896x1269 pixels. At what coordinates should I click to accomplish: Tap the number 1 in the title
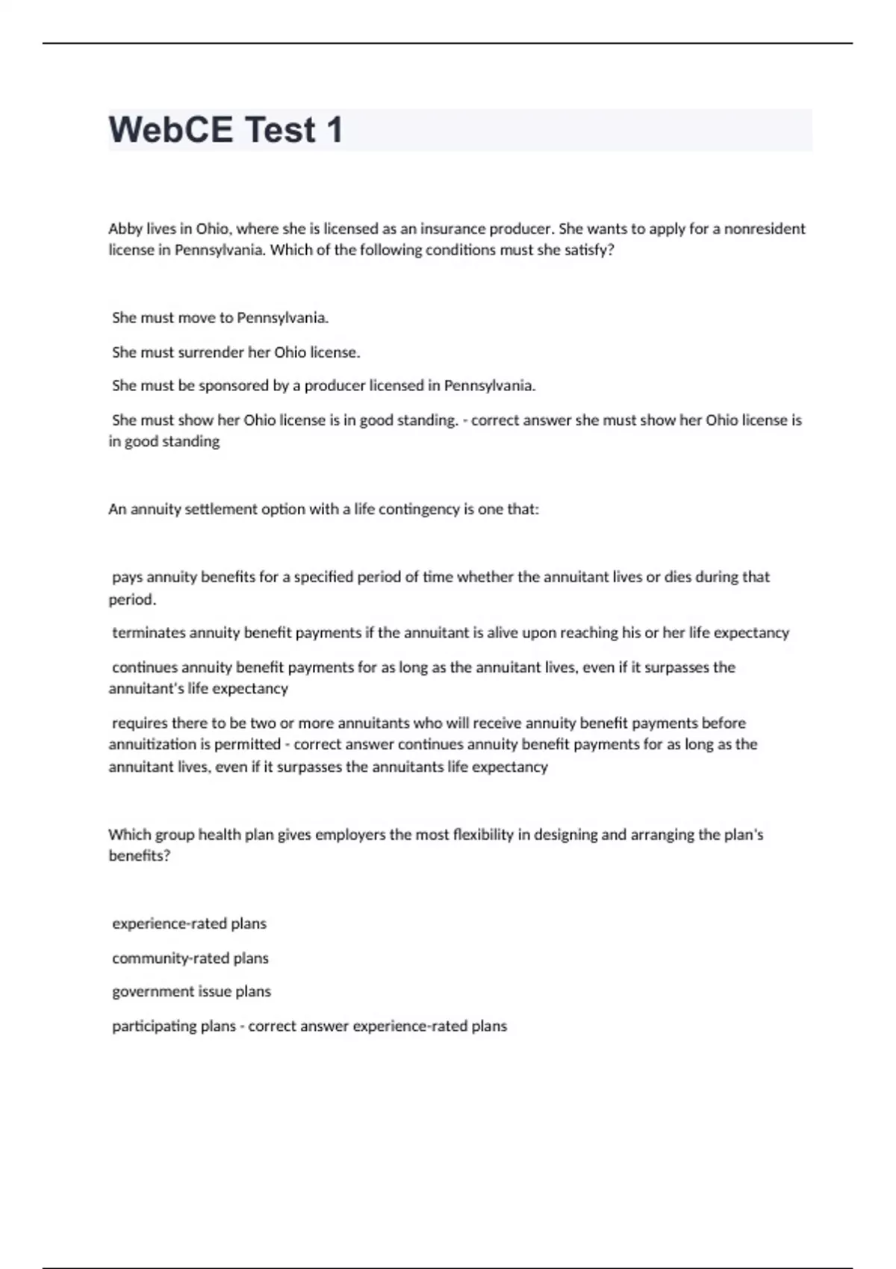[334, 130]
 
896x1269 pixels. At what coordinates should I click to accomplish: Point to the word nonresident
[765, 229]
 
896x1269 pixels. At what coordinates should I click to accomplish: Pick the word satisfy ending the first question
[589, 250]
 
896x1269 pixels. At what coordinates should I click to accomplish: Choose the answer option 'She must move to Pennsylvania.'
[220, 318]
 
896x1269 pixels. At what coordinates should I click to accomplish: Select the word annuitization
[152, 745]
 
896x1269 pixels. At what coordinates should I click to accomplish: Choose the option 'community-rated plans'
[190, 958]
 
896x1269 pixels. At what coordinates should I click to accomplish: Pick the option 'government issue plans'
[192, 992]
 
